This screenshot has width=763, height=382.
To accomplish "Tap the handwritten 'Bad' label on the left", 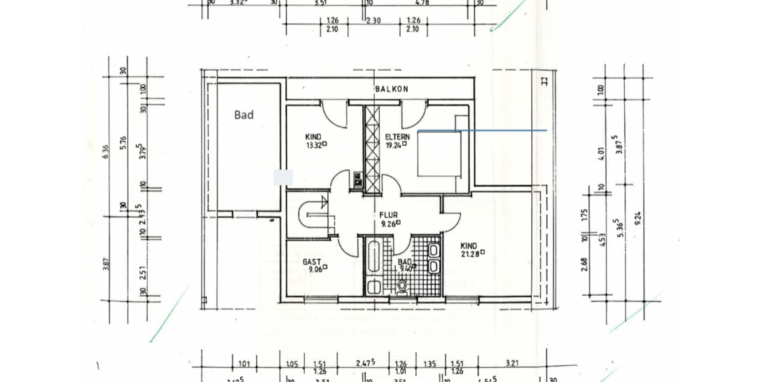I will tap(244, 115).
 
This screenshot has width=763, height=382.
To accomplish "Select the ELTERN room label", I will tap(397, 136).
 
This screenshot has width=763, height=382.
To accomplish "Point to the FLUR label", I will tap(388, 215).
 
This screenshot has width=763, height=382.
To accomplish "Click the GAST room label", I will tap(312, 262).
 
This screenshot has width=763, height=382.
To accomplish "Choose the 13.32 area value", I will tap(313, 145).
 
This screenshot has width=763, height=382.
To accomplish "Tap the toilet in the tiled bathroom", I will tap(402, 286).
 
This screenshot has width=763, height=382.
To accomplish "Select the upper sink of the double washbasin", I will tap(434, 250).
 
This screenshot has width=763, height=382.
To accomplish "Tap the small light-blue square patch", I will tap(283, 178).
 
